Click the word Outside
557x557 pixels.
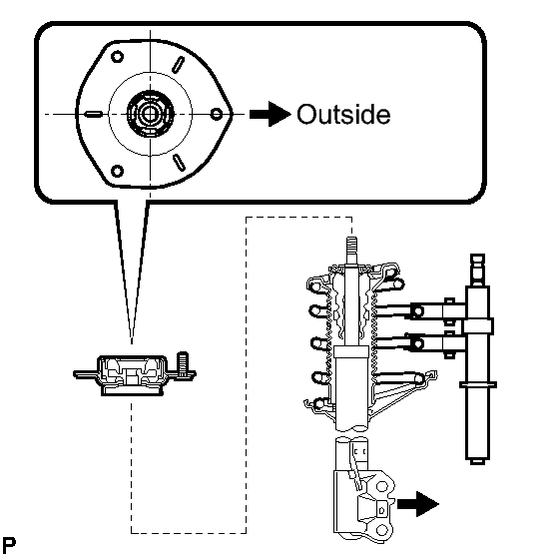343,115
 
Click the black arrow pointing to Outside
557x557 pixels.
270,114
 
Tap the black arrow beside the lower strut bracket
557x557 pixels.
418,504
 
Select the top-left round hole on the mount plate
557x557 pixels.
117,57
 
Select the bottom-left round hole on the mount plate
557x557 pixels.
117,172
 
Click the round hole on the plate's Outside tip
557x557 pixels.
217,114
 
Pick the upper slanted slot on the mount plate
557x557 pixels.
178,65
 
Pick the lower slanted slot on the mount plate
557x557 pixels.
179,163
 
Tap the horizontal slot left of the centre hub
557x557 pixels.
94,114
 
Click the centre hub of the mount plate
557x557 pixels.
151,114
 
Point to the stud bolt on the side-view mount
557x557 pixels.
183,363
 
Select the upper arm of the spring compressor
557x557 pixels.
419,311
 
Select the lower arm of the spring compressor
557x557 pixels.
419,343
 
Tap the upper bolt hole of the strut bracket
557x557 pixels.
382,486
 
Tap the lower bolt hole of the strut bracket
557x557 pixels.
381,531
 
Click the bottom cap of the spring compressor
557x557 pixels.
477,461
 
